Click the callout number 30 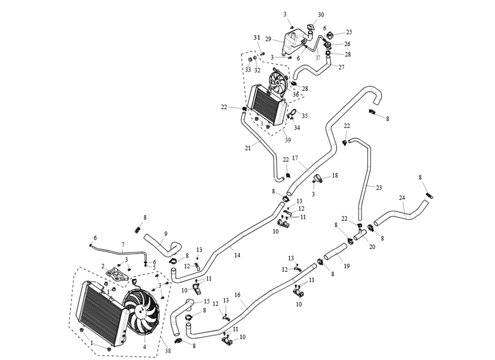(321, 15)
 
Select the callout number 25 (349, 32)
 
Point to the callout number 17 (295, 158)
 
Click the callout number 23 (379, 188)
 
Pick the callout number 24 (402, 197)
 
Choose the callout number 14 (237, 255)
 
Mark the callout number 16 (237, 295)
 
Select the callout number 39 (288, 140)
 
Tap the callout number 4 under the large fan (144, 346)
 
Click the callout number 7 (122, 245)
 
